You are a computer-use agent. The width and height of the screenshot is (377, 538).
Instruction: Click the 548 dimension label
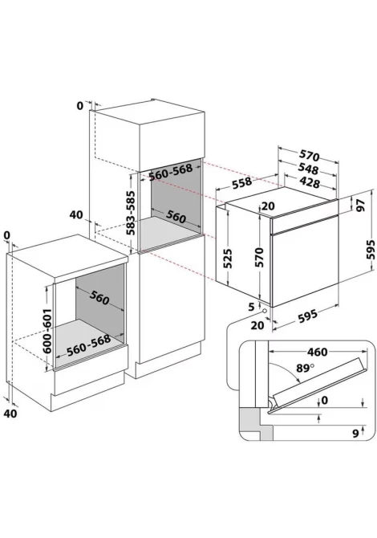(308, 169)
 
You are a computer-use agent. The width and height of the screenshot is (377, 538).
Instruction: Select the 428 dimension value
(309, 181)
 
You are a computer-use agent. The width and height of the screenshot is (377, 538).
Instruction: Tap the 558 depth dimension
(242, 183)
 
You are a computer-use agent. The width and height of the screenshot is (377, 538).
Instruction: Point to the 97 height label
(360, 205)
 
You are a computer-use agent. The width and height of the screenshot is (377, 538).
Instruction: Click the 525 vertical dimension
(228, 258)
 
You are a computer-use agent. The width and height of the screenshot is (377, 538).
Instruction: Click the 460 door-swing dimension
(317, 352)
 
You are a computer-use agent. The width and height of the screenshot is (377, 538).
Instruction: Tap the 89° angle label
(306, 368)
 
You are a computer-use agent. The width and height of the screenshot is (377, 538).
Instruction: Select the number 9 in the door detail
(356, 434)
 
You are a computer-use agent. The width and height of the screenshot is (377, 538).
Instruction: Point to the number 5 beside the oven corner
(252, 307)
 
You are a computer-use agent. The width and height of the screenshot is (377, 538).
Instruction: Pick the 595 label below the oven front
(307, 316)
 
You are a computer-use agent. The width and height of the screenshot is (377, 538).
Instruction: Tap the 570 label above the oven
(309, 156)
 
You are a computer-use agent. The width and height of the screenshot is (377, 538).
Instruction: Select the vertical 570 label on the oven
(258, 257)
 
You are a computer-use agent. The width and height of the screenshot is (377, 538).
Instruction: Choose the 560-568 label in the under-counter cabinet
(89, 344)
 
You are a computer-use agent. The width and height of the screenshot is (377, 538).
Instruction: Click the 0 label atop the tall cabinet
(80, 106)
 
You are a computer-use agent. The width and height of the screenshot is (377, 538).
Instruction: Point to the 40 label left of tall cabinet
(76, 214)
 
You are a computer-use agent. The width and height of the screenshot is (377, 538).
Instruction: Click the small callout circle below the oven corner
(265, 310)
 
